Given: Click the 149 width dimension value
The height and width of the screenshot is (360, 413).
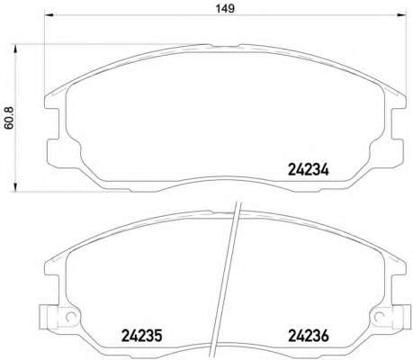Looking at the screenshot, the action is pos(225,8).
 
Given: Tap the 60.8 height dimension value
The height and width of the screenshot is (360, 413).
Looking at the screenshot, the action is pos(9,118).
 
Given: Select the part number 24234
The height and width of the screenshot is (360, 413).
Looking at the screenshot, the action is pos(309,170).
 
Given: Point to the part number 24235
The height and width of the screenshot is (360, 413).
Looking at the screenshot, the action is pos(141,336).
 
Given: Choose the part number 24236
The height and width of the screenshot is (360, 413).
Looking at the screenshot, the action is pos(309,336).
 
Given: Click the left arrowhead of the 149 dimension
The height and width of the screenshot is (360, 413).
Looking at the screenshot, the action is pos(49,15).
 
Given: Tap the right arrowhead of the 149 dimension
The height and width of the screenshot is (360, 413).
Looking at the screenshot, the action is pos(401,15).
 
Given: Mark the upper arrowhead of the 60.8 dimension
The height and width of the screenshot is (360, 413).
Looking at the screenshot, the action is pos(14,49).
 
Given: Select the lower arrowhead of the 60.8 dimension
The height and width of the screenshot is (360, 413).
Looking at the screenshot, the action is pos(14,187).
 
